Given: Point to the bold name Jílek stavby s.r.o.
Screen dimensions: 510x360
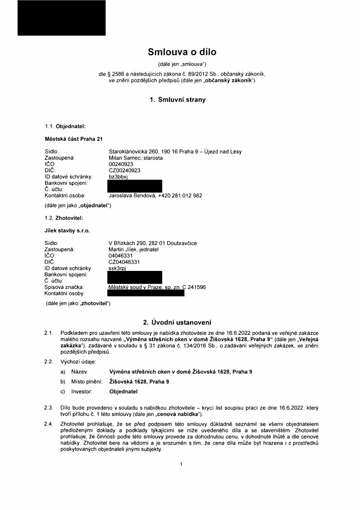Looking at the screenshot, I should (x=67, y=231).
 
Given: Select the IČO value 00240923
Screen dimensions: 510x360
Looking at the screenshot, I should (x=121, y=164).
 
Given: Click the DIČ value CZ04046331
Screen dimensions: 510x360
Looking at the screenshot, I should (x=124, y=262).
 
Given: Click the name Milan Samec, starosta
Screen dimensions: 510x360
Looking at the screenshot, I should (x=135, y=158).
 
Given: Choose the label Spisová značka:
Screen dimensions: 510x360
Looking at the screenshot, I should (x=64, y=287).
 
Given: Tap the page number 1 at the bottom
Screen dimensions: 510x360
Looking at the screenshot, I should (x=181, y=464).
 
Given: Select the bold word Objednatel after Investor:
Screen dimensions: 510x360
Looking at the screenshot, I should (x=123, y=392).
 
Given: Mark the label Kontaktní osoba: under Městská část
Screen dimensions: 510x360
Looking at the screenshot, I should (x=65, y=195).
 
